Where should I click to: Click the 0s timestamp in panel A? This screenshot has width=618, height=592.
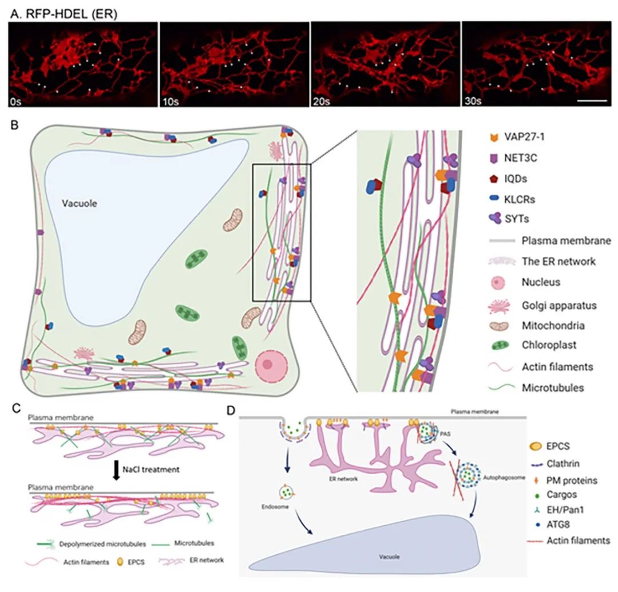pos(16,101)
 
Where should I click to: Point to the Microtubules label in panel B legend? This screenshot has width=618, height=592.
pos(553,388)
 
